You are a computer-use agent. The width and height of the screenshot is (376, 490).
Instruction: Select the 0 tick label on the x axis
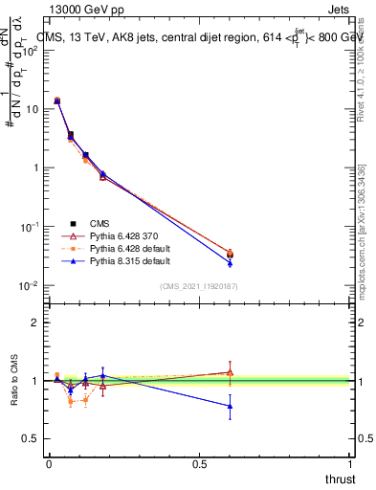pos(49,464)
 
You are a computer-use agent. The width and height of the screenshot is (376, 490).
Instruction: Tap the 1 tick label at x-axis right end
pos(350,464)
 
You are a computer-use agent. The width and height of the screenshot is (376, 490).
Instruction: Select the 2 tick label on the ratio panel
pos(35,323)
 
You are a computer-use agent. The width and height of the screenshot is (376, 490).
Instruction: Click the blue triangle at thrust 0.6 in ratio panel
pos(230,406)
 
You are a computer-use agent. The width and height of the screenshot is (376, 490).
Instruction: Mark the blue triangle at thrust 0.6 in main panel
pos(230,262)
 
